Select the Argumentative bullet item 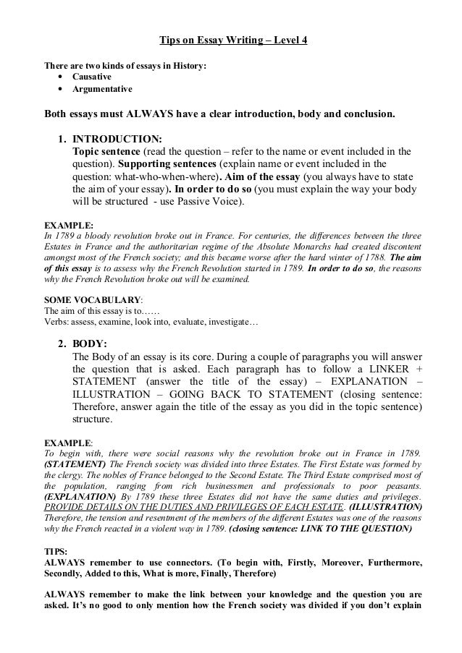coord(101,89)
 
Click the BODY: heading coord(91,345)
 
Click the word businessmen coord(221,487)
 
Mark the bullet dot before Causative coord(58,77)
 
